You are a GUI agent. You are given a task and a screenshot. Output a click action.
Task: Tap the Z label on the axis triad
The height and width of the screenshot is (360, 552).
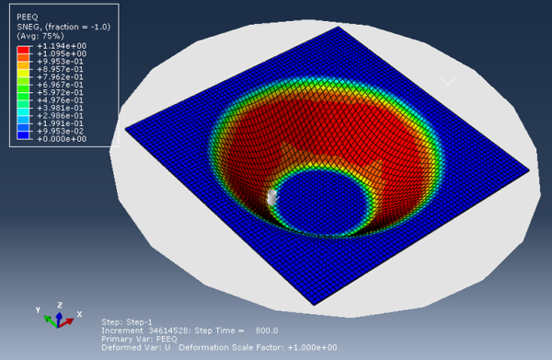[x=60, y=305]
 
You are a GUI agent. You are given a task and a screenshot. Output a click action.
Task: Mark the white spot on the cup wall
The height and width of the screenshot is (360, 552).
[x=271, y=196]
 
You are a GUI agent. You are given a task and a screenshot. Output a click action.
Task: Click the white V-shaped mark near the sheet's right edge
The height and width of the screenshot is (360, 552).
[x=447, y=81]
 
